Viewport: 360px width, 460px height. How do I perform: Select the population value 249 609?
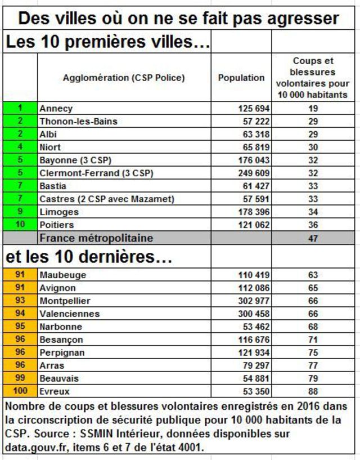(x=254, y=173)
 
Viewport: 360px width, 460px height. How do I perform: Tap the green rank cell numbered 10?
(x=20, y=225)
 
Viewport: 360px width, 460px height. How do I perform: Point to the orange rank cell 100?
(x=20, y=391)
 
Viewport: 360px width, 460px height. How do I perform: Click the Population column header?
(x=241, y=78)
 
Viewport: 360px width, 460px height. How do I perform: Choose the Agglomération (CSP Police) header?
(x=124, y=78)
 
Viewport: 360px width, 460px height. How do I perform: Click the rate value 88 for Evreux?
(x=313, y=391)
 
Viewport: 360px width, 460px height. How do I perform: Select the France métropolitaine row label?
(x=96, y=238)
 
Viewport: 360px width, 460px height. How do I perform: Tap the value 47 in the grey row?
(x=313, y=238)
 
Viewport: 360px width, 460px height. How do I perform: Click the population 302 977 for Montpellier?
(x=254, y=301)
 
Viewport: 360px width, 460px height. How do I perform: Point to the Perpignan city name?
(x=62, y=352)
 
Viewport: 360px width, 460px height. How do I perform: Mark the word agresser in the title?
(x=303, y=19)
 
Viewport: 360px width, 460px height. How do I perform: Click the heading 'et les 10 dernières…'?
(x=89, y=257)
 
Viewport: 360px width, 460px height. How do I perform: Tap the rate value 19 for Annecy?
(x=313, y=109)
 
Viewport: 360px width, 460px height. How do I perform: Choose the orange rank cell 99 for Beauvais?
(x=20, y=378)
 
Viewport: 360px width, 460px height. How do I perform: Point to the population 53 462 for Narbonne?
(x=256, y=327)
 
